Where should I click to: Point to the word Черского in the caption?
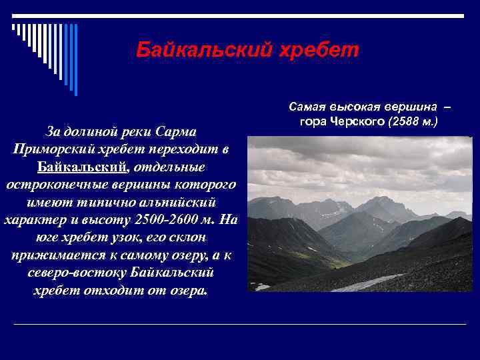[353, 122]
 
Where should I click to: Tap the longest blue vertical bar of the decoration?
[75, 60]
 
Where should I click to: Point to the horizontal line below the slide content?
[240, 325]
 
